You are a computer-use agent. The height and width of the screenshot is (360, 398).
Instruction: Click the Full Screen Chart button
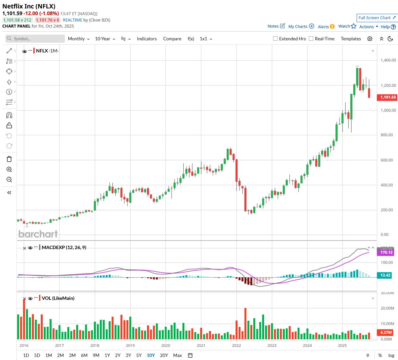377,18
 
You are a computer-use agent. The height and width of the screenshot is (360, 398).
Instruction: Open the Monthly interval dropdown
78,39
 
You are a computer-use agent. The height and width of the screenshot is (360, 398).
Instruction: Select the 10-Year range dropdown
105,39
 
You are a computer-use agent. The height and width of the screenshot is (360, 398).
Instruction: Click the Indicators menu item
147,39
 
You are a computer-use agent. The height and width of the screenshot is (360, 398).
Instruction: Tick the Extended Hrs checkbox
276,39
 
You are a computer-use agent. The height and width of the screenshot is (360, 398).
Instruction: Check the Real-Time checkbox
311,39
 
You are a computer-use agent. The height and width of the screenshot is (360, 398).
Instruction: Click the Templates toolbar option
351,39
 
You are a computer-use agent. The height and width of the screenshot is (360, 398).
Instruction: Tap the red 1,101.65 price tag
388,97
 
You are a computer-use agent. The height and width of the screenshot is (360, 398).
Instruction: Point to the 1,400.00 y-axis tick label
388,60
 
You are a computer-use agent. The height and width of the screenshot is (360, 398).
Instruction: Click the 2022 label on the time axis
237,346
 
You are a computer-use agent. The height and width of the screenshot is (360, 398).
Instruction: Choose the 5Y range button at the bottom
139,355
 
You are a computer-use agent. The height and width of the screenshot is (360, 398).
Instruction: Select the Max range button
177,355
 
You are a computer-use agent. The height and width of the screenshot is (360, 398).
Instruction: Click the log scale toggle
391,355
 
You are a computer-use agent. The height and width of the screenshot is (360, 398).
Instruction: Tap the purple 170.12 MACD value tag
386,252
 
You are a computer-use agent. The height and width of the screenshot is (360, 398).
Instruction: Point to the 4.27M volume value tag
386,332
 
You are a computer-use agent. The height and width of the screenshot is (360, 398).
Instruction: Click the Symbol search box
35,39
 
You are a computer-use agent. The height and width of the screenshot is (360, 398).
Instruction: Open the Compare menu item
172,39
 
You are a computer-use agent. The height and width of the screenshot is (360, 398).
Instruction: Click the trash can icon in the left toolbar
9,159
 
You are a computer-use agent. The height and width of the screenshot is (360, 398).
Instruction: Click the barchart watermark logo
38,234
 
